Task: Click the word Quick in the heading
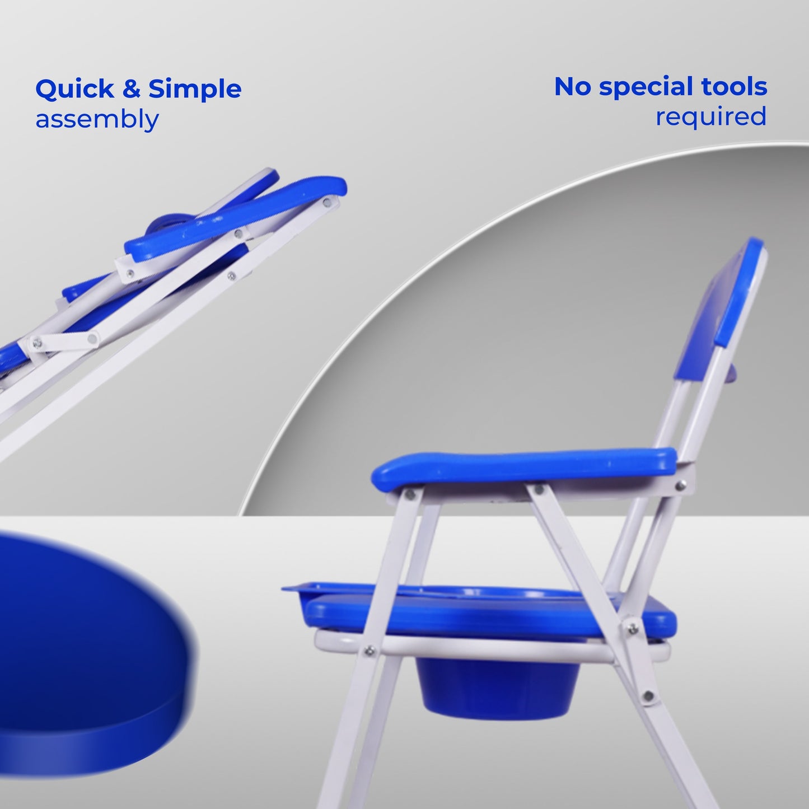(x=74, y=90)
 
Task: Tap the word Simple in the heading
(x=195, y=90)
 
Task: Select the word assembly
(x=97, y=119)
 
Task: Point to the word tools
(x=734, y=86)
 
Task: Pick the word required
(x=711, y=116)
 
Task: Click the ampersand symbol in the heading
(x=132, y=90)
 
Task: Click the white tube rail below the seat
(x=491, y=657)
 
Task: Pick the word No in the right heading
(x=573, y=86)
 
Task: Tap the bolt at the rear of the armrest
(x=681, y=486)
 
